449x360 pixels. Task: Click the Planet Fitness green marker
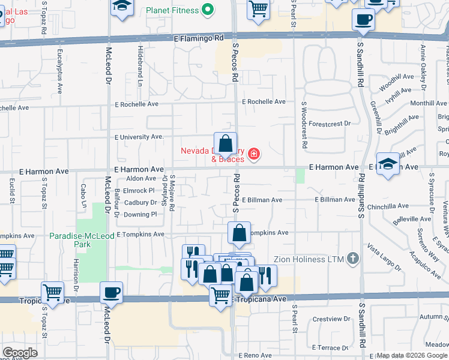click(x=208, y=10)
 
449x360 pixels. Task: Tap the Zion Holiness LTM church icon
click(x=353, y=259)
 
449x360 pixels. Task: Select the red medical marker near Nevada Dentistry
click(x=254, y=155)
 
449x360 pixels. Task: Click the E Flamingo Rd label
click(x=198, y=38)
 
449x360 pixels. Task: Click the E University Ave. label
click(x=139, y=137)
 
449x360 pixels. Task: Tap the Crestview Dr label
click(x=331, y=319)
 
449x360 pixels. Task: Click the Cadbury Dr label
click(x=140, y=203)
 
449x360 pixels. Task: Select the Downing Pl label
click(x=140, y=214)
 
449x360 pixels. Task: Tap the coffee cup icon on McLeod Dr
click(x=112, y=293)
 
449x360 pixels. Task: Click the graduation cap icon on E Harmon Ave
click(x=389, y=164)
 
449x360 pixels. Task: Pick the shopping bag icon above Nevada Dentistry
click(x=225, y=144)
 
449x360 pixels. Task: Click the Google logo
click(x=20, y=353)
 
